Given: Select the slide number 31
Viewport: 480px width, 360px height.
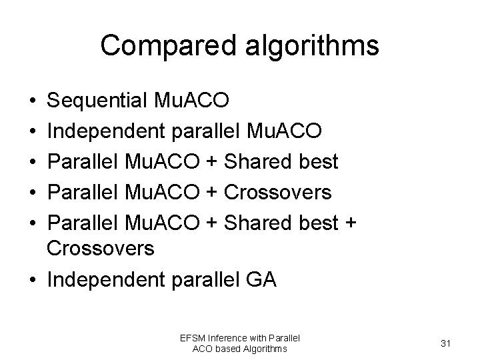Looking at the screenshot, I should pos(447,343).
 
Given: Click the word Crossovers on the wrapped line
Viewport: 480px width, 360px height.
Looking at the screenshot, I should pos(101,249).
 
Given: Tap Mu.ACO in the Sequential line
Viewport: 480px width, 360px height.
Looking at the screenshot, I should pos(191,101).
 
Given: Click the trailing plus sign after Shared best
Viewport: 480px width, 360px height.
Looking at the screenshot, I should pos(350,223).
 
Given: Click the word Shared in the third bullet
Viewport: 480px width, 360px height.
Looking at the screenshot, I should pos(255,161).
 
